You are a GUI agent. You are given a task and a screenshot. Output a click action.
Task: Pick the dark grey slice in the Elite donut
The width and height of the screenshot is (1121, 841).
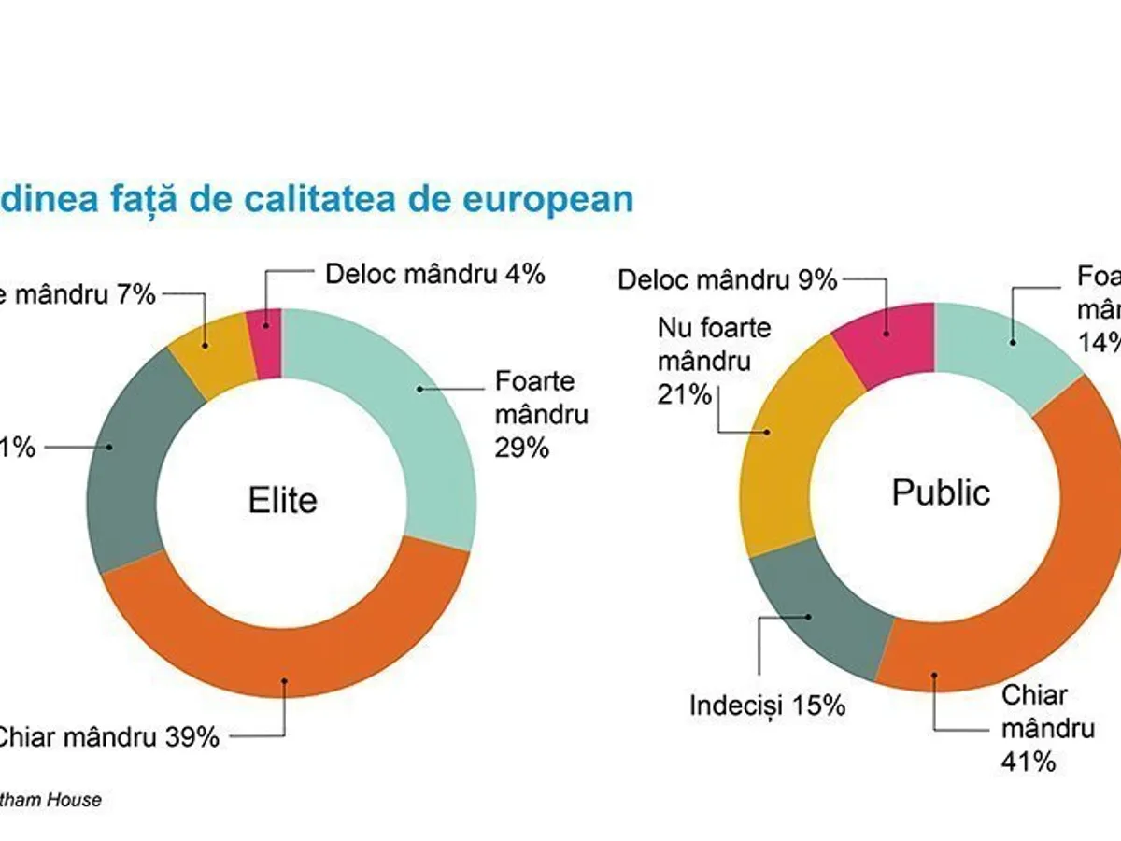coord(126,458)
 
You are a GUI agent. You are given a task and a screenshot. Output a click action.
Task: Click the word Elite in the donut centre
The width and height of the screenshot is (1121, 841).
coord(282,500)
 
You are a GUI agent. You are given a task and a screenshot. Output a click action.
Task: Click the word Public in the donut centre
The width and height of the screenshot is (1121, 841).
coord(941,492)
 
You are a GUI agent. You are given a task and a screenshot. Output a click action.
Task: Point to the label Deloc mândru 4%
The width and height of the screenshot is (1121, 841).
coord(434,275)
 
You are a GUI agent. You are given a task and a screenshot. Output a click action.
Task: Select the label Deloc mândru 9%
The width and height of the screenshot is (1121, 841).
coord(727,279)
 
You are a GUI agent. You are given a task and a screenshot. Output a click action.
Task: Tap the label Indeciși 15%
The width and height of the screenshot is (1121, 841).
coord(767,706)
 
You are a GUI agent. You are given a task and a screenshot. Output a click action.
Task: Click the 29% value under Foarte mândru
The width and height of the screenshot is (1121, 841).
coord(522,448)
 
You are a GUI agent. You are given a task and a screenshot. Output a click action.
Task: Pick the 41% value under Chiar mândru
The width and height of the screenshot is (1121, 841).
coord(1029,762)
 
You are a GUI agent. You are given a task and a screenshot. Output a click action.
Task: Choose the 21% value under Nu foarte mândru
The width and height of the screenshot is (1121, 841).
coord(685,394)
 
